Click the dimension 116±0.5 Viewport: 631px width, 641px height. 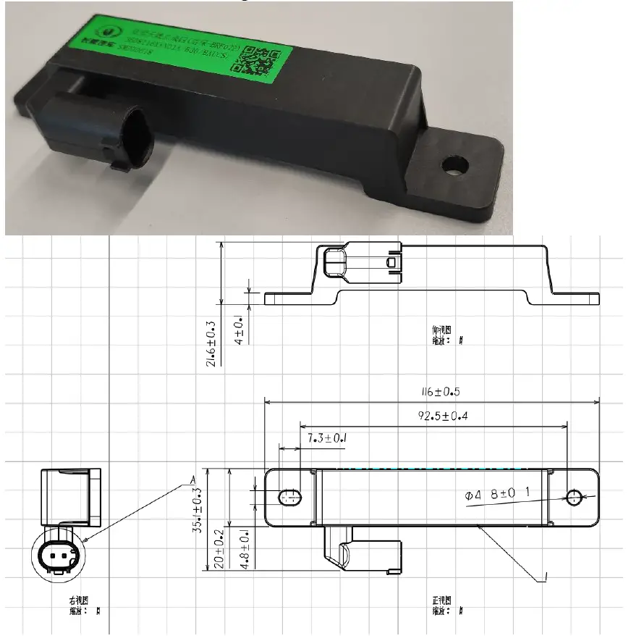pyautogui.click(x=432, y=392)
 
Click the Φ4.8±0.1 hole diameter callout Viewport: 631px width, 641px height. pyautogui.click(x=499, y=495)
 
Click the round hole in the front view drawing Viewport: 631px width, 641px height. pyautogui.click(x=575, y=497)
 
